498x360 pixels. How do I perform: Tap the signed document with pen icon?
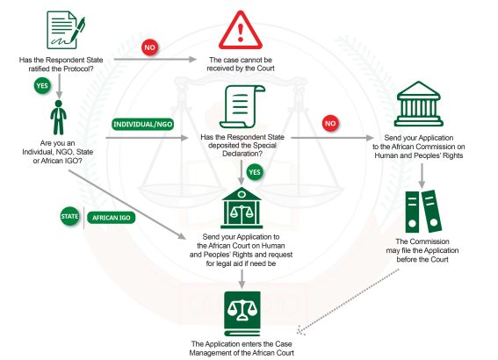tap(65, 30)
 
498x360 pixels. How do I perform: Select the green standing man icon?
tap(59, 118)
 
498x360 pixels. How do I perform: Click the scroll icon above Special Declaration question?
tap(242, 106)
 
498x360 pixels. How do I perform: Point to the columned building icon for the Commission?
tap(419, 104)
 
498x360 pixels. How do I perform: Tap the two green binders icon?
tap(423, 212)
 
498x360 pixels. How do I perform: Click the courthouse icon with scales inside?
tap(242, 208)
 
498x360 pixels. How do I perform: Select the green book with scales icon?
tap(242, 313)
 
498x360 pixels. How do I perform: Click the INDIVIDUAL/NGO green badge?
tap(143, 124)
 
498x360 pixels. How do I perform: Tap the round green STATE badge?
tap(69, 217)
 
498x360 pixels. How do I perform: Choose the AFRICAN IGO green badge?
tap(112, 218)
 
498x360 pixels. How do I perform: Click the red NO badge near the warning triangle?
tap(149, 47)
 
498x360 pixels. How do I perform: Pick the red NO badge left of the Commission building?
tap(330, 123)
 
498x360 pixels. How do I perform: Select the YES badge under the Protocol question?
tap(42, 86)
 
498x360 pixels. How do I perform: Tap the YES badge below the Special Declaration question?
tap(255, 172)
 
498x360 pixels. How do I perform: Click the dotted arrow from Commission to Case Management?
tap(348, 301)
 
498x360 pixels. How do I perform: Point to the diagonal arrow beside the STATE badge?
tap(127, 205)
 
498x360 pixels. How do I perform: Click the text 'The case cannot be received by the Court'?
tap(241, 64)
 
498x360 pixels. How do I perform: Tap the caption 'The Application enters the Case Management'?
tap(242, 349)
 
